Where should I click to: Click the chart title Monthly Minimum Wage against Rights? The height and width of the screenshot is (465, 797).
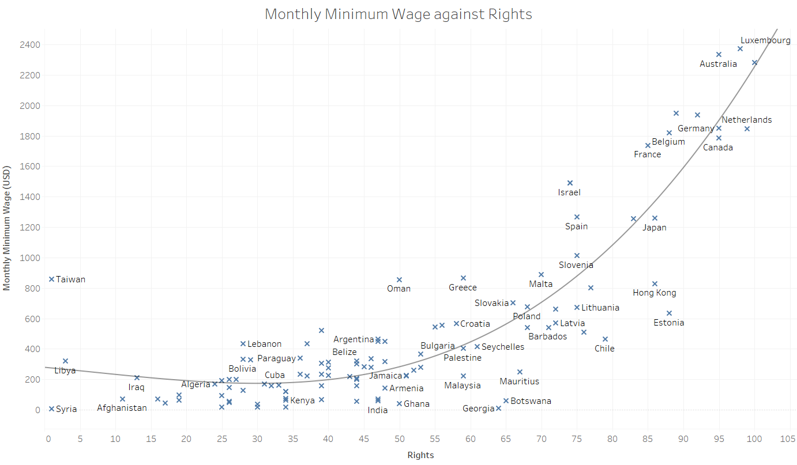click(398, 14)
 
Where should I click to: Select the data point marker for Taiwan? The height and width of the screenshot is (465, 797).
click(51, 279)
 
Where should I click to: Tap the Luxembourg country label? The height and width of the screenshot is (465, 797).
click(765, 40)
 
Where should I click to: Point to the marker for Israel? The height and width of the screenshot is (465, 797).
click(570, 183)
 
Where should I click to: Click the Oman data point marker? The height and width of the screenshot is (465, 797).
click(399, 279)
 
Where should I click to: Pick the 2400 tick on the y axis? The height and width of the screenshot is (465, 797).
click(29, 45)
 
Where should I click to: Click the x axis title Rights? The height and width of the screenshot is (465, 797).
click(420, 455)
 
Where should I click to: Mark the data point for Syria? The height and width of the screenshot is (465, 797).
click(51, 409)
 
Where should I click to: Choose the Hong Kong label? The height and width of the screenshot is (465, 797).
click(654, 293)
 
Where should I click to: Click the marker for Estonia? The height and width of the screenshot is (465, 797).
click(669, 313)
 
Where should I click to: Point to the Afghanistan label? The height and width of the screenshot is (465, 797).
click(122, 408)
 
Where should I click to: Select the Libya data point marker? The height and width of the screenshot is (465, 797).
click(65, 361)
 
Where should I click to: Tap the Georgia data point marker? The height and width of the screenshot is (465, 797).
click(498, 409)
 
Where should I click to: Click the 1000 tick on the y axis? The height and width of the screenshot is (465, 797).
click(29, 258)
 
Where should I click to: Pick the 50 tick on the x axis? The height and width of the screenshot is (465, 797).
click(399, 439)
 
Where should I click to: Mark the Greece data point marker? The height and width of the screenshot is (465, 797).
click(463, 278)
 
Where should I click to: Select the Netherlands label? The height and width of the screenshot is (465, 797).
click(746, 120)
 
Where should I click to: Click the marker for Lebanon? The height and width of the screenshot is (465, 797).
click(243, 344)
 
